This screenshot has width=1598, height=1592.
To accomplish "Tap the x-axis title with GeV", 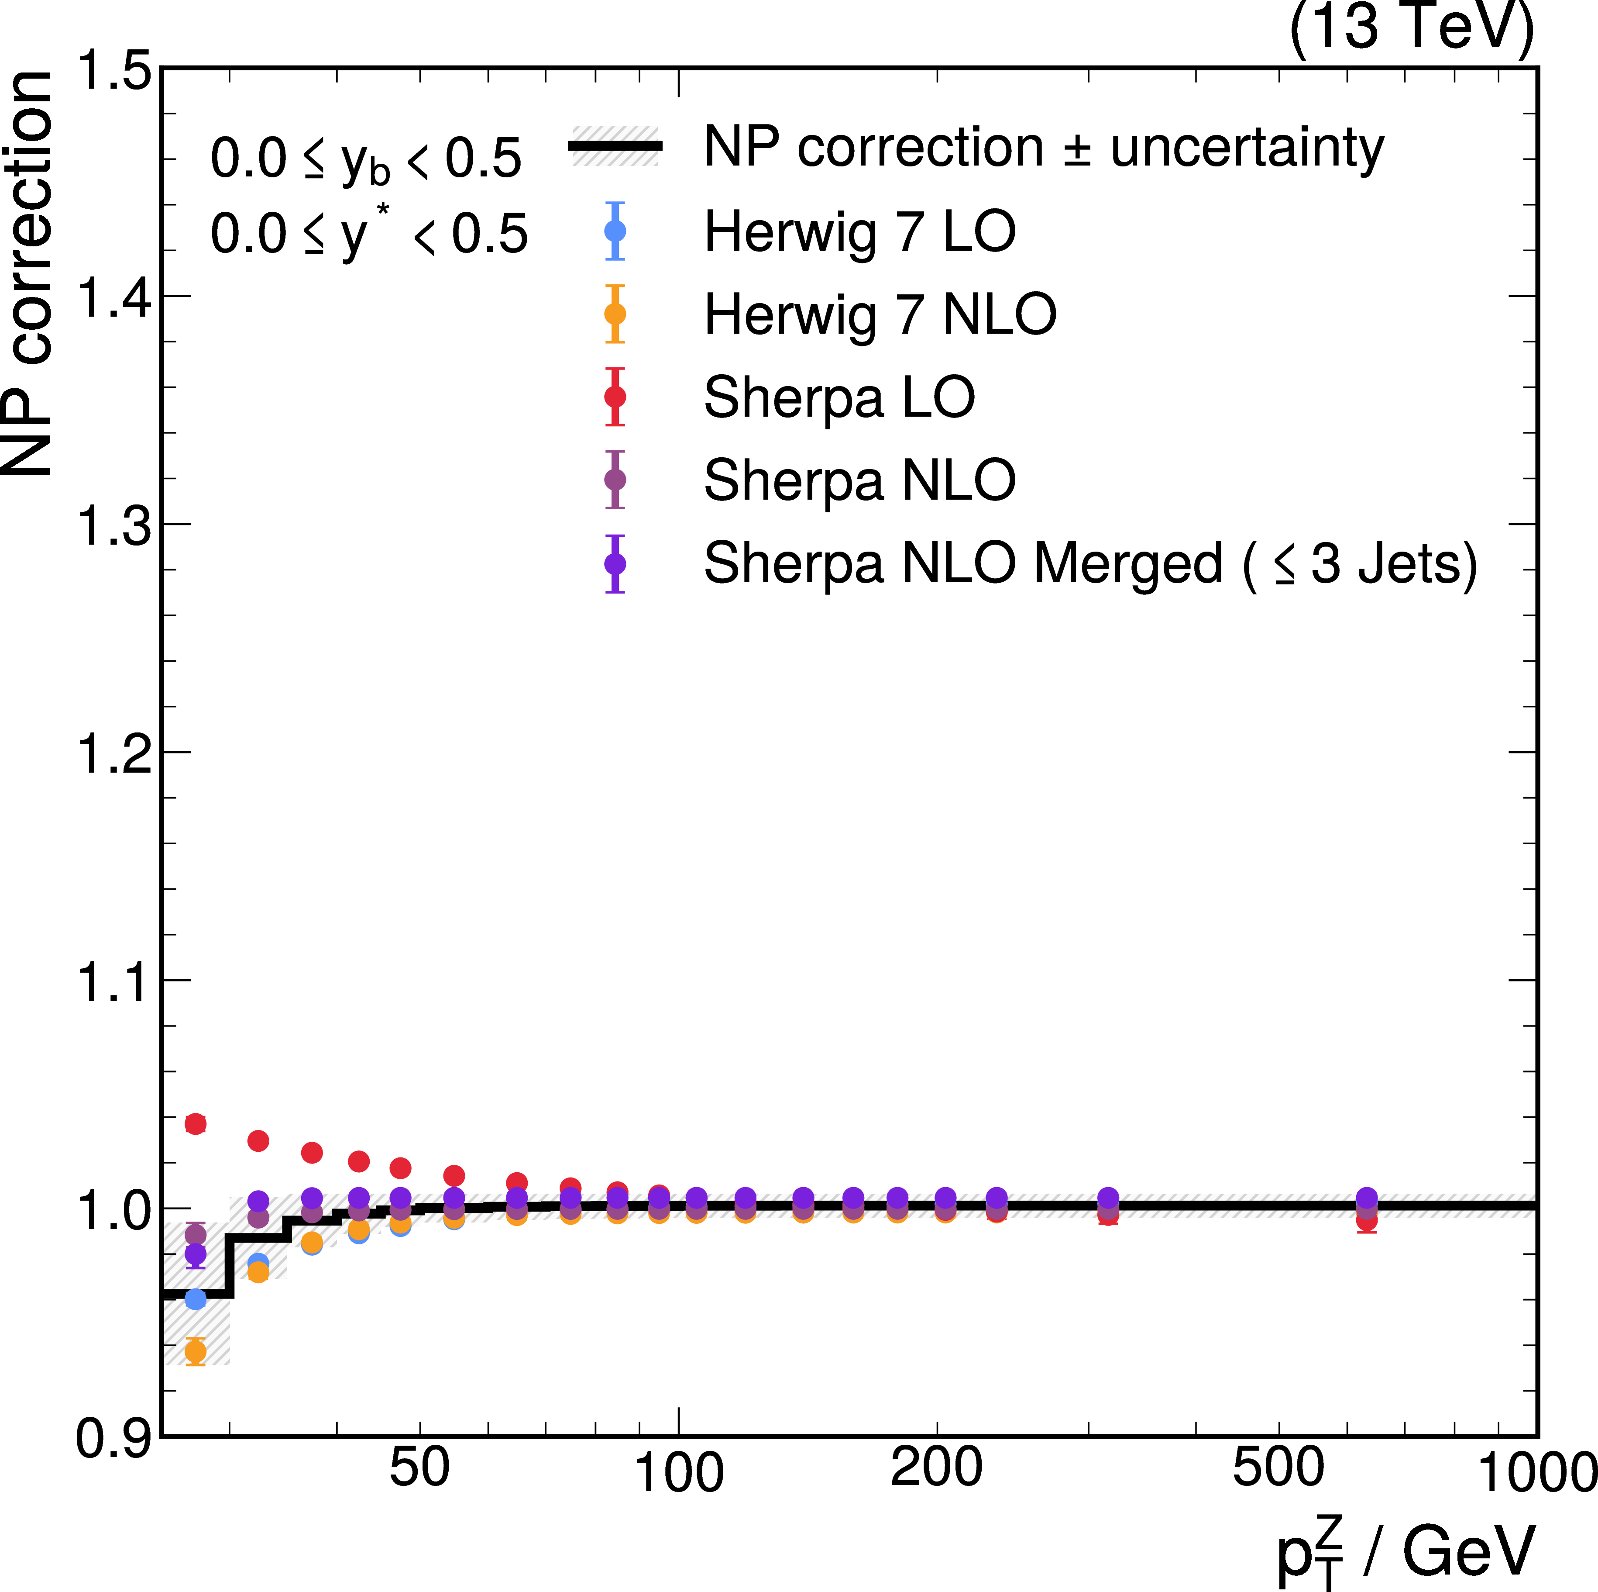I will pos(1406,1551).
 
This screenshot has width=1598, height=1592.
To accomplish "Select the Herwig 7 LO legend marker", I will pos(615,231).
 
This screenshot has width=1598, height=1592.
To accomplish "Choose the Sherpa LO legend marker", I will pos(615,397).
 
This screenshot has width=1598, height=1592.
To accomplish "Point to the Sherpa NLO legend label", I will pos(859,480).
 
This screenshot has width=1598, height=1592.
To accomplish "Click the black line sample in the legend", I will pos(615,146).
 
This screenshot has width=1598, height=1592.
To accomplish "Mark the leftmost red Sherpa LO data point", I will pos(195,1124).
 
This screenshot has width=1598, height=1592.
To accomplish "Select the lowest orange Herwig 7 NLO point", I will pos(195,1352).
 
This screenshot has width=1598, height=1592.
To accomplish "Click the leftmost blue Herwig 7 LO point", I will pos(195,1299).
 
